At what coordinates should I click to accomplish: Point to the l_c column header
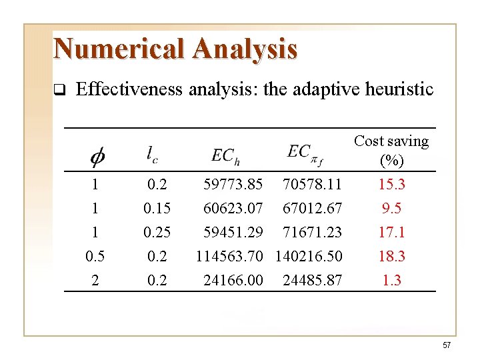[x=153, y=154]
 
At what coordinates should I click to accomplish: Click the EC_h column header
[x=226, y=155]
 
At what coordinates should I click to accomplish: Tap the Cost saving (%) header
[x=391, y=151]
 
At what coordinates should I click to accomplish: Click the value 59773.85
[x=233, y=184]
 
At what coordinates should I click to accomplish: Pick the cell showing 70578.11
[x=312, y=184]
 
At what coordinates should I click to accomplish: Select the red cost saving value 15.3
[x=391, y=184]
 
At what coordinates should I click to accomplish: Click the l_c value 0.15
[x=157, y=208]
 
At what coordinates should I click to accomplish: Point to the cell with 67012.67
[x=312, y=208]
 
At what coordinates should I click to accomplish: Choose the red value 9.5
[x=391, y=208]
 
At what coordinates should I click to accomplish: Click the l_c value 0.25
[x=157, y=232]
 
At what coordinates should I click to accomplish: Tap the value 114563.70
[x=230, y=256]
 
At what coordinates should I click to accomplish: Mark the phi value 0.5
[x=95, y=256]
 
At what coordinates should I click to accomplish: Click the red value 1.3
[x=391, y=280]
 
